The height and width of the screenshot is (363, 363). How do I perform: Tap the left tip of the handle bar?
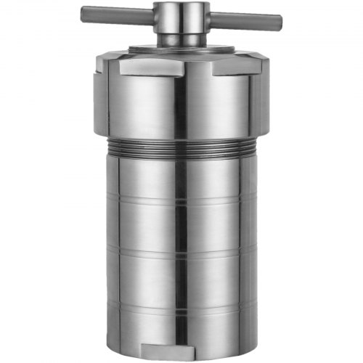[x=83, y=12]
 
